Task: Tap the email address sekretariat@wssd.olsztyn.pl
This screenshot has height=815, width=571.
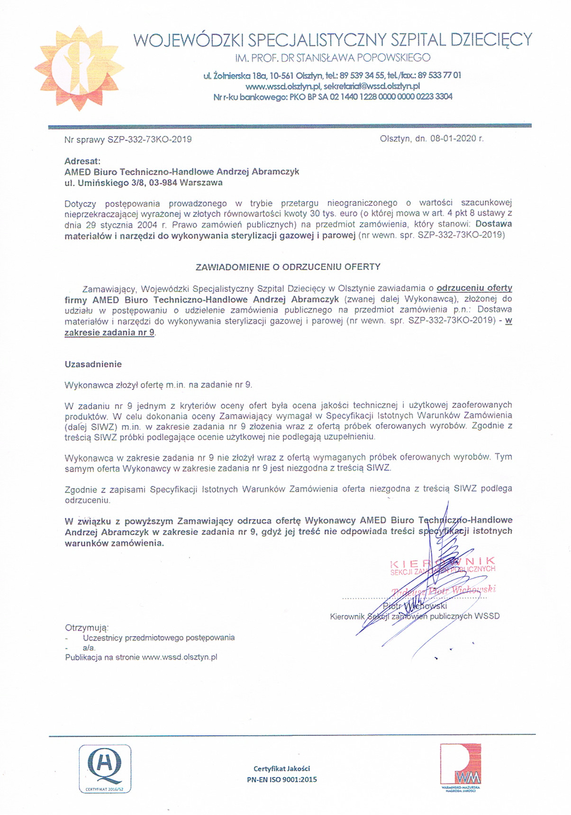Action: (x=372, y=86)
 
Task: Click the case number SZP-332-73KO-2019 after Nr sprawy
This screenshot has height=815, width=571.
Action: (x=149, y=139)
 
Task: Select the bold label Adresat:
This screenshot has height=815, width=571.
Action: (x=82, y=161)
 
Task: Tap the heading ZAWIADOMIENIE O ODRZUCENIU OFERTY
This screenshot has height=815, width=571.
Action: (x=288, y=267)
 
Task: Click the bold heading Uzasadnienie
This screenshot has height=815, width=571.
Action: (x=93, y=364)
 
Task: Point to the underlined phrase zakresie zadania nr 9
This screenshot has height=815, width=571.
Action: (x=109, y=333)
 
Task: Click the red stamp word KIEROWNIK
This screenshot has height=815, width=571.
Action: (x=443, y=562)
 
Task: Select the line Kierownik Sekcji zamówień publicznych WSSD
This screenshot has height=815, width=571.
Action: (x=415, y=616)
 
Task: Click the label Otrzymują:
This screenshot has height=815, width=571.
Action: (x=87, y=628)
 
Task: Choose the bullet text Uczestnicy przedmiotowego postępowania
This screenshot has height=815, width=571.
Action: (x=159, y=638)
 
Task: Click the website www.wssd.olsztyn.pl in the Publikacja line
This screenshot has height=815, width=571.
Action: (x=180, y=658)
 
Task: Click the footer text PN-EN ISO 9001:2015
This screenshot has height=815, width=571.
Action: (x=281, y=779)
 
